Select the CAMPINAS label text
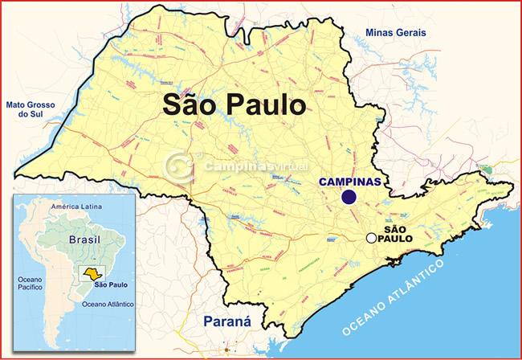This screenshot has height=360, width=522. coord(349,182)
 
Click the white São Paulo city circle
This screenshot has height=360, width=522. coord(370,238)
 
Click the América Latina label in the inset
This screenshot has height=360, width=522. coord(76,207)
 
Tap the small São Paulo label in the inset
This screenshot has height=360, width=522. coord(111,284)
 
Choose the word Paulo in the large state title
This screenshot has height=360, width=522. coord(266,104)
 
